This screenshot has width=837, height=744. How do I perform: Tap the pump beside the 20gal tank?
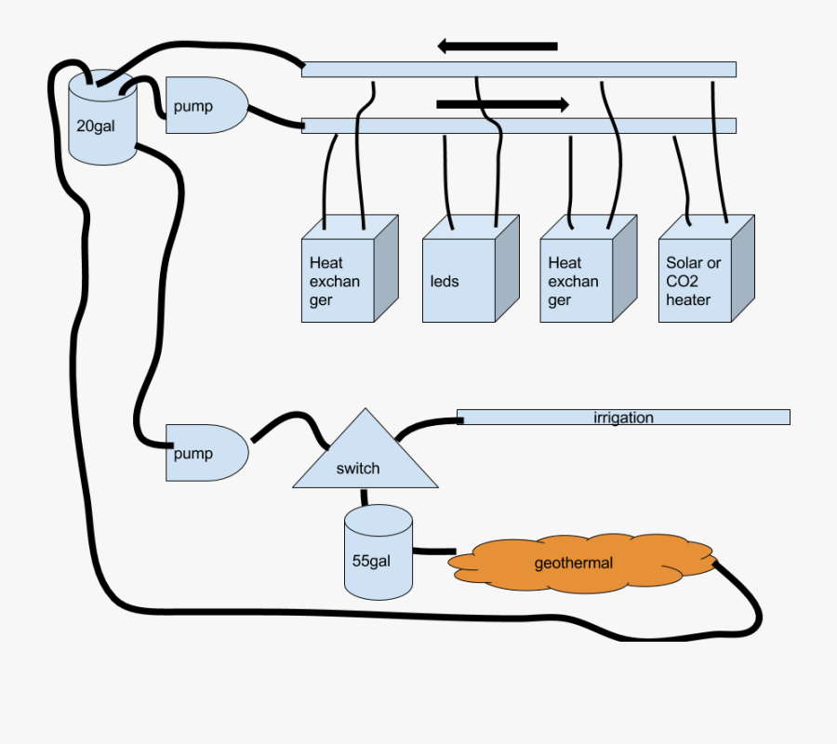pyautogui.click(x=205, y=106)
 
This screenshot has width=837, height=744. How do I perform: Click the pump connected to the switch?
pyautogui.click(x=205, y=453)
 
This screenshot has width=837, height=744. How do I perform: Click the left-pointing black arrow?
pyautogui.click(x=498, y=46)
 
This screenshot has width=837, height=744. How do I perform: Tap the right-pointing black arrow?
pyautogui.click(x=502, y=104)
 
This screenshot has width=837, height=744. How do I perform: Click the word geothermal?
pyautogui.click(x=573, y=563)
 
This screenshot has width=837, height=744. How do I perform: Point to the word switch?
pyautogui.click(x=358, y=469)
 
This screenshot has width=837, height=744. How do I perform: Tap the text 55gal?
pyautogui.click(x=371, y=562)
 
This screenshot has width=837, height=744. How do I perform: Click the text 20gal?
pyautogui.click(x=96, y=125)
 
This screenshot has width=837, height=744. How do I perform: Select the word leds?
pyautogui.click(x=445, y=281)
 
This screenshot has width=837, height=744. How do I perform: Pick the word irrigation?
pyautogui.click(x=623, y=418)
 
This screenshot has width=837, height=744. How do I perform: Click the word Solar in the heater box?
pyautogui.click(x=684, y=263)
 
